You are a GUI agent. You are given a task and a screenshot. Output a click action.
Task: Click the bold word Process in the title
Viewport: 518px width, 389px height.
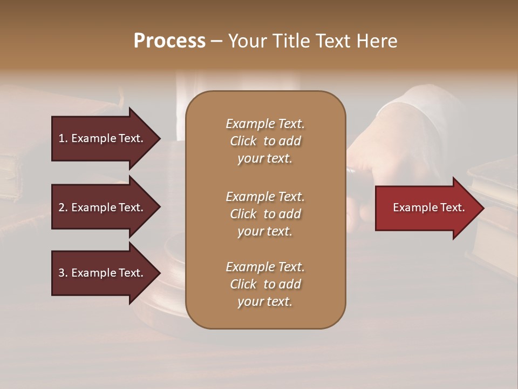(169, 41)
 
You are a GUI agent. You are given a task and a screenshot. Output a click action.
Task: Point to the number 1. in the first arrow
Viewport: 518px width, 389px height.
(63, 138)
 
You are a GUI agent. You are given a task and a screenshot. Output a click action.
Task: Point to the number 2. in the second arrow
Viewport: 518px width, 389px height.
(63, 207)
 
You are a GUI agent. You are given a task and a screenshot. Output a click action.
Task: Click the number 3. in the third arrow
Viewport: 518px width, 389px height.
(63, 273)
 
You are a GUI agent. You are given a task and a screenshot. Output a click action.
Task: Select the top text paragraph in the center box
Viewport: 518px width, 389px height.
(265, 141)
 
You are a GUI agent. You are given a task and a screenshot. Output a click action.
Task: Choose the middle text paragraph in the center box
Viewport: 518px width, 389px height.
(265, 214)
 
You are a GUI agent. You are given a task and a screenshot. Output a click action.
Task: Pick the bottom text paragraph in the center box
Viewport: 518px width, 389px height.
(265, 284)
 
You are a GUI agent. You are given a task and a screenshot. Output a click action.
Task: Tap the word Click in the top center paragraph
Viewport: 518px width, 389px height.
(243, 141)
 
